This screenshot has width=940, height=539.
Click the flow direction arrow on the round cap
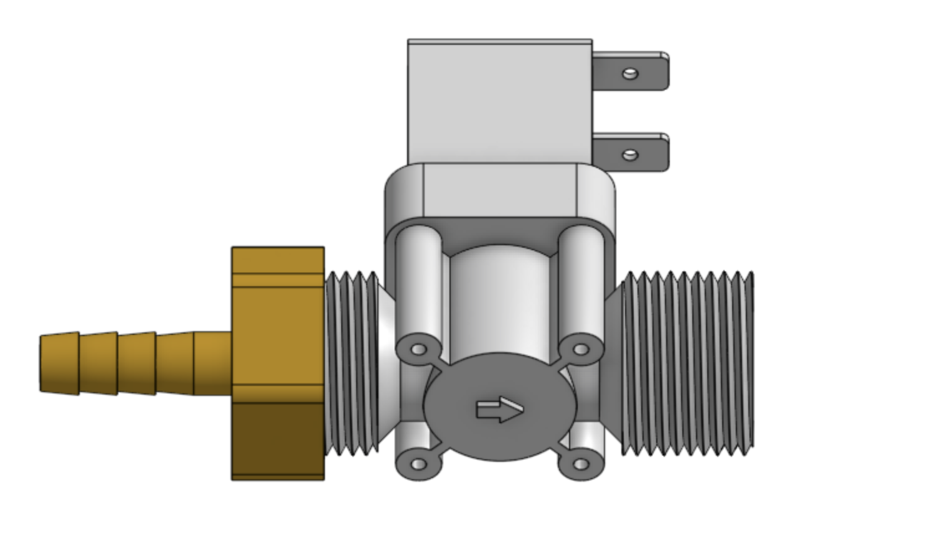(499, 410)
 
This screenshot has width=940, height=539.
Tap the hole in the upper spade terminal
(631, 74)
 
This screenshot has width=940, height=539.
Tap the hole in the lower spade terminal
(630, 154)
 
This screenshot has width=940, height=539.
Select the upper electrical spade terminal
(647, 71)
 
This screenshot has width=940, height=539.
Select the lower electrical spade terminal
(647, 152)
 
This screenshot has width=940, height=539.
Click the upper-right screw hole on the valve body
(580, 349)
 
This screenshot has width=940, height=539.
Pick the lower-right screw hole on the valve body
(580, 464)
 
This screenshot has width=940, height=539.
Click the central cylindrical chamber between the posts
(499, 299)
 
